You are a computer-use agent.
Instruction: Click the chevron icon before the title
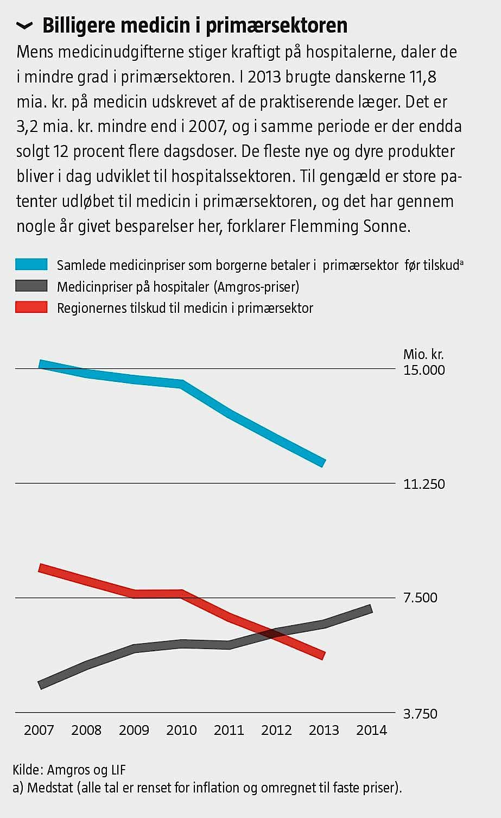click(x=24, y=26)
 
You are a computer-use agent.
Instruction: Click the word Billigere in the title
click(x=79, y=25)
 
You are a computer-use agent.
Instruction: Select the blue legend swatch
click(x=31, y=265)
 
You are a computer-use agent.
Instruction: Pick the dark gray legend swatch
click(x=31, y=286)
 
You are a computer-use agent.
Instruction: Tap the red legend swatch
click(x=31, y=308)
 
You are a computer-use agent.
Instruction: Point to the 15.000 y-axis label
click(x=424, y=370)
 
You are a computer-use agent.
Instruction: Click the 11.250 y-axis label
click(x=424, y=484)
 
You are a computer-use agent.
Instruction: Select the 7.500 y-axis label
click(x=420, y=597)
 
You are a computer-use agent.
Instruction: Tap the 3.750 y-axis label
click(x=420, y=714)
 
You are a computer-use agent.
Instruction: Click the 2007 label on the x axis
click(x=39, y=730)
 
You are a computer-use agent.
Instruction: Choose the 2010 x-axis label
click(x=181, y=730)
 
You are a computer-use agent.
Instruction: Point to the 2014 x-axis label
click(x=371, y=730)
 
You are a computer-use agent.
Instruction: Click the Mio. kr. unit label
click(x=423, y=355)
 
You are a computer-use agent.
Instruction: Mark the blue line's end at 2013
click(x=324, y=463)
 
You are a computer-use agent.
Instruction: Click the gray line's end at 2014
click(x=371, y=609)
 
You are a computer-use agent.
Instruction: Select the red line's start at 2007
click(x=40, y=568)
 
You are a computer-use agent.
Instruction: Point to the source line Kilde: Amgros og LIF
click(x=69, y=770)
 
